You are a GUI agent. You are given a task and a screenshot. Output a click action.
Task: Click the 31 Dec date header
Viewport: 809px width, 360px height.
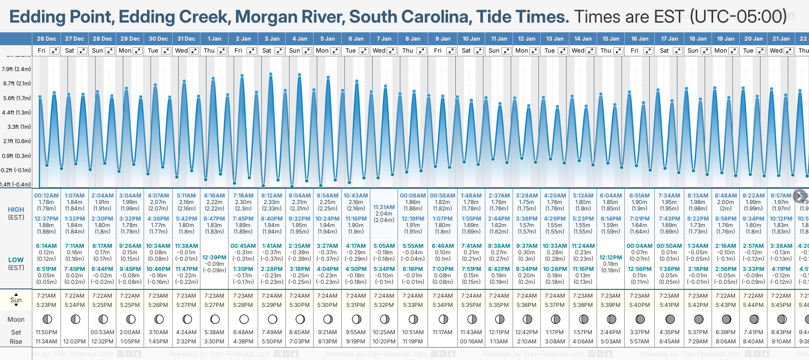tap(186, 39)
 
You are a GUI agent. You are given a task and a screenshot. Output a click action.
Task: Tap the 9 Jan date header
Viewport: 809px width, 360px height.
tap(443, 39)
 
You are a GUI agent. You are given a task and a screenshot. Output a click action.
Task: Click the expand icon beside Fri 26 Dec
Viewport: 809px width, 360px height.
tap(54, 51)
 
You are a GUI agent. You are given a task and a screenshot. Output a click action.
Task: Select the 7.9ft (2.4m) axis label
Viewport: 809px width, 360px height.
tap(16, 69)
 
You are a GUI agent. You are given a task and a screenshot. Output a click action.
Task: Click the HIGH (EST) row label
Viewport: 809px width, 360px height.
tap(16, 213)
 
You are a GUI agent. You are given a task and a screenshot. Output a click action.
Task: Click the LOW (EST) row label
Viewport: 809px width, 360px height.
tap(16, 264)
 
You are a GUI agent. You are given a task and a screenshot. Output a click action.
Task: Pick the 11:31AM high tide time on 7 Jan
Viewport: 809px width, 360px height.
tap(384, 207)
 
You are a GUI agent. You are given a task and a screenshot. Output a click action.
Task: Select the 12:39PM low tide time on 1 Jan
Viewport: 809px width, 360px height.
tap(214, 258)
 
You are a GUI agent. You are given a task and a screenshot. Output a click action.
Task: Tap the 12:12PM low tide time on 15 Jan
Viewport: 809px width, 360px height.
tap(610, 258)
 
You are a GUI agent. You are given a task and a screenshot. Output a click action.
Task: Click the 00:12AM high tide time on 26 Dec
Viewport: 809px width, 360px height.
tap(46, 196)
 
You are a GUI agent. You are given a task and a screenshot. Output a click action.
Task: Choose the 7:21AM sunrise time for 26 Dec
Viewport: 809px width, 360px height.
tap(46, 296)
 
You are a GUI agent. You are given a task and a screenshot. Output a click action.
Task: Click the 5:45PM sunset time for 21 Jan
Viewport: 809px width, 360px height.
tap(781, 305)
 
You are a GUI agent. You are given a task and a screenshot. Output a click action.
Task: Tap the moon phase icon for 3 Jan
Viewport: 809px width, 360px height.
tap(272, 319)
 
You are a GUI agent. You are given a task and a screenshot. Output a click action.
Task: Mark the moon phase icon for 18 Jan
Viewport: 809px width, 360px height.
tap(699, 319)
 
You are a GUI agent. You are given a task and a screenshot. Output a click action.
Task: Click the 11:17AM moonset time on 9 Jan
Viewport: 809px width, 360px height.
tap(442, 332)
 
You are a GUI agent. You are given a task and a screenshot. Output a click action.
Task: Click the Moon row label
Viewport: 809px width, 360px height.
tap(16, 319)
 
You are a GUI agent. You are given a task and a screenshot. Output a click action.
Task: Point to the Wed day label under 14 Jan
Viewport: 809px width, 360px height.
tap(578, 51)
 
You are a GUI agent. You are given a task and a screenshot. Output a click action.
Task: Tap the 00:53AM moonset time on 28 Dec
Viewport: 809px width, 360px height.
tap(102, 332)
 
